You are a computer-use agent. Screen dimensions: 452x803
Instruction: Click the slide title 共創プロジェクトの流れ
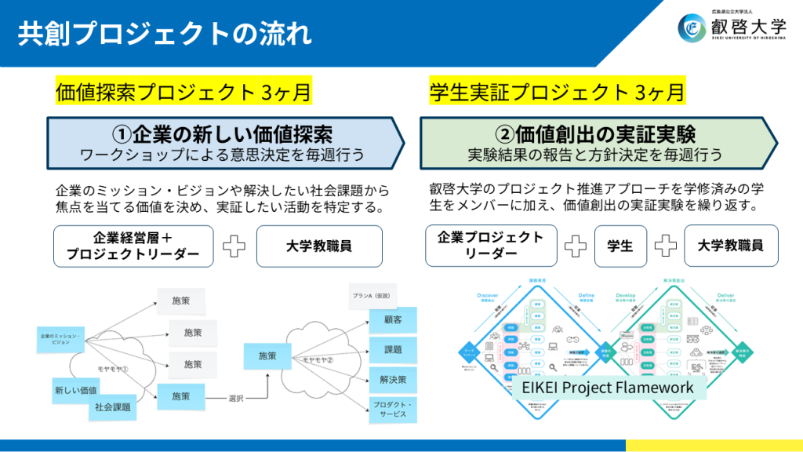[x=165, y=34]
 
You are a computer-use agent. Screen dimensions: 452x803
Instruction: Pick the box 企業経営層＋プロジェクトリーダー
[x=133, y=246]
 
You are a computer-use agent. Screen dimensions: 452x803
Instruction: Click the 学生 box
[x=620, y=246]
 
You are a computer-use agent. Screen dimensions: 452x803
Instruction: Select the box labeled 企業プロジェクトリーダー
[x=490, y=246]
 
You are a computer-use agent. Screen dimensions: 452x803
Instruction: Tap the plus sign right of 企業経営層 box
[x=234, y=246]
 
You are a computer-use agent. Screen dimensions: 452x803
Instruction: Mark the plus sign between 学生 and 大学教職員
[x=666, y=246]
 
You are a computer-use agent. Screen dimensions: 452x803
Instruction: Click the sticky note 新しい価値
[x=75, y=389]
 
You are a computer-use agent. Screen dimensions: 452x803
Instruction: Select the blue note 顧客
[x=392, y=320]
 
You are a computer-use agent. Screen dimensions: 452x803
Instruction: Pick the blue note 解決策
[x=392, y=380]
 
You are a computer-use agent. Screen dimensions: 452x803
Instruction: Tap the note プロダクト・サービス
[x=392, y=410]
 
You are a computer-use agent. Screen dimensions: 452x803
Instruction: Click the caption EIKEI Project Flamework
[x=608, y=388]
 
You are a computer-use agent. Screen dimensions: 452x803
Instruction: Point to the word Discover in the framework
[x=488, y=296]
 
